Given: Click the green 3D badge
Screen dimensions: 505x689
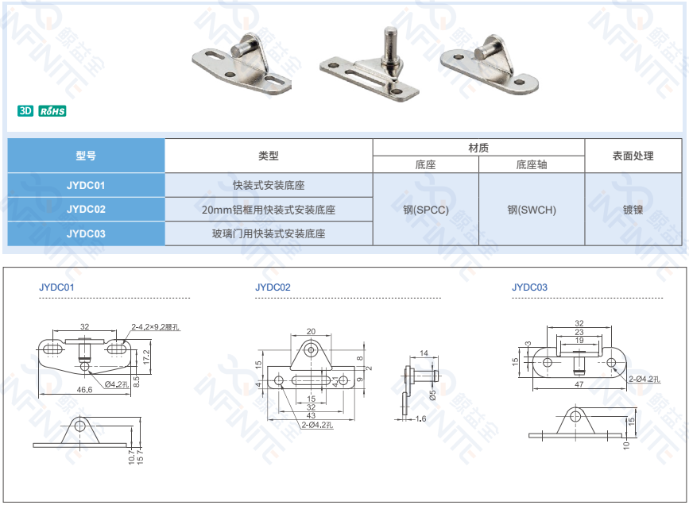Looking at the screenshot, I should point(25,110).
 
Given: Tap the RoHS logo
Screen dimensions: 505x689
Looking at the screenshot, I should point(52,110).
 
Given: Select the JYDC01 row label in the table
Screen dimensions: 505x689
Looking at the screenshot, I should point(86,185).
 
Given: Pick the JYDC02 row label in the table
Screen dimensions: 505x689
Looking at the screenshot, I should point(86,210).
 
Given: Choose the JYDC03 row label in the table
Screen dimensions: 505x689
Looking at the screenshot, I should point(86,233).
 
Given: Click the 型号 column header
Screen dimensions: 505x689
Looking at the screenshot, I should point(86,156).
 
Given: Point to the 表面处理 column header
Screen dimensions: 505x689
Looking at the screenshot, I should point(633,156).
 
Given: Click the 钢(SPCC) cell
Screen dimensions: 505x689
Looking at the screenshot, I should point(426,210).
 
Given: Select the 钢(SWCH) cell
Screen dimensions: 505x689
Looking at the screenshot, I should point(532,210).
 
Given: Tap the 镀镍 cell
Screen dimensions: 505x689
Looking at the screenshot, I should point(633,210).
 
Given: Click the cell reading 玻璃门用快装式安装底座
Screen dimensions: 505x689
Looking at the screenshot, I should point(269,233).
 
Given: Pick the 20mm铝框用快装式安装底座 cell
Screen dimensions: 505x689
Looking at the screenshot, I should point(269,210).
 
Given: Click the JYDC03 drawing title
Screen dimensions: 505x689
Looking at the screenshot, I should point(529,287).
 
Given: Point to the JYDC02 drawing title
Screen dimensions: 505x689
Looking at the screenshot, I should point(273,287).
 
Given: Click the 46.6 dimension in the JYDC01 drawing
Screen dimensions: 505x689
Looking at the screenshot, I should point(84,390).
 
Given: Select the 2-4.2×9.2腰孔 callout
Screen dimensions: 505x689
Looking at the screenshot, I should point(157,326).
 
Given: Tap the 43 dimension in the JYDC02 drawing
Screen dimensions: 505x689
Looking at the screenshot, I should point(311,415).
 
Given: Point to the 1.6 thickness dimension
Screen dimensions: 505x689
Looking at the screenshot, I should point(420,418).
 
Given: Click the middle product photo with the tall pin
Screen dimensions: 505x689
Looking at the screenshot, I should point(370,67).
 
